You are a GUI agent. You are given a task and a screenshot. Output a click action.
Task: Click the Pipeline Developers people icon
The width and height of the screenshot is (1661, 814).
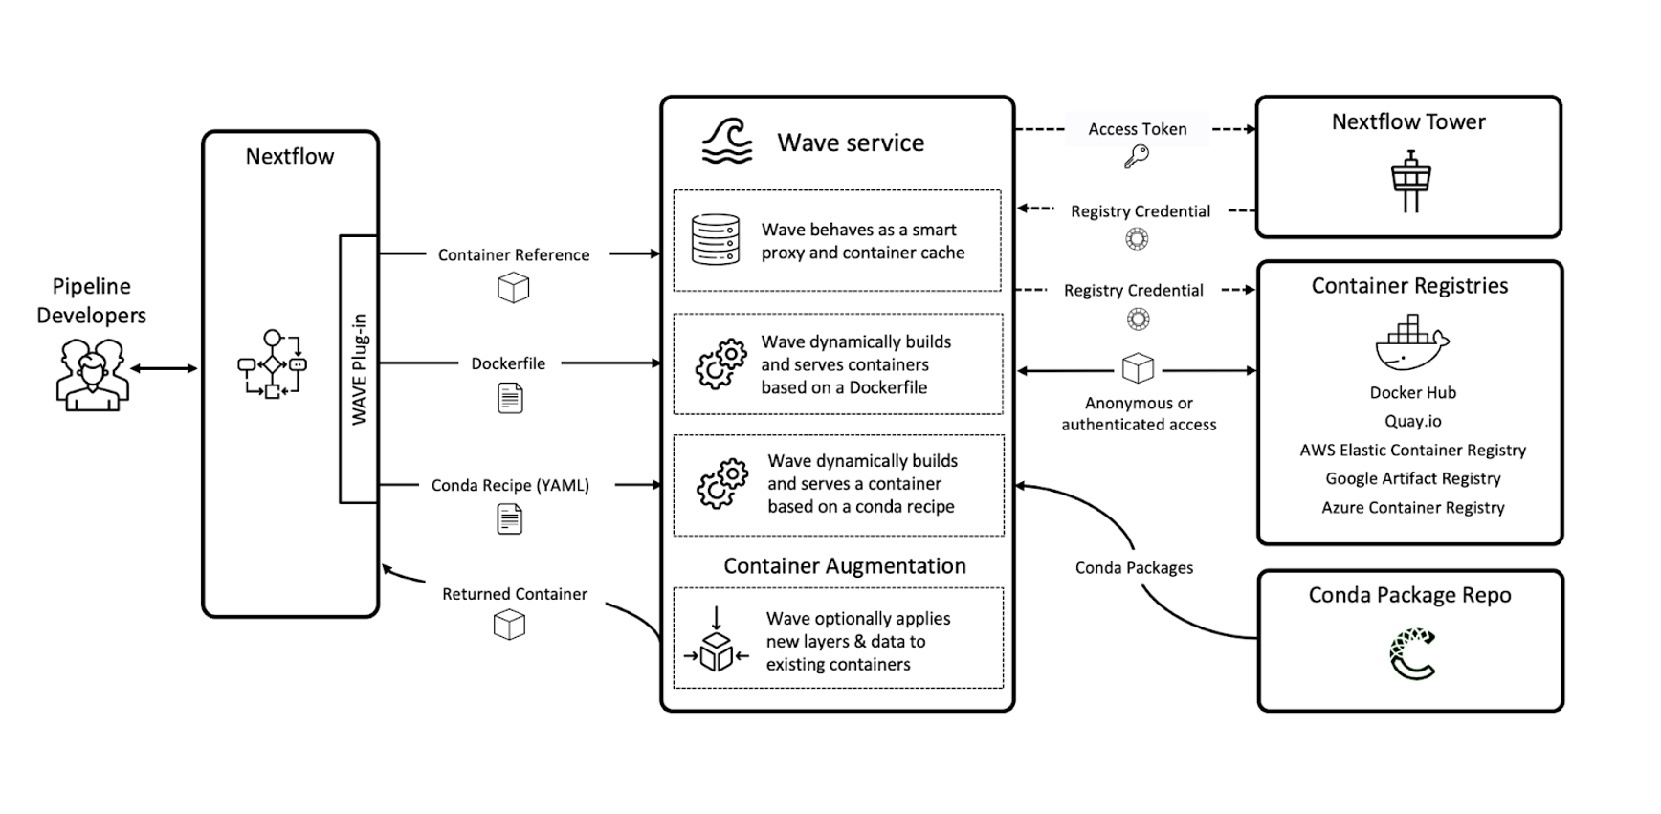click(x=92, y=374)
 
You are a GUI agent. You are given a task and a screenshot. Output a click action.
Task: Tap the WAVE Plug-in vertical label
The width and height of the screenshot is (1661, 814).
click(x=359, y=369)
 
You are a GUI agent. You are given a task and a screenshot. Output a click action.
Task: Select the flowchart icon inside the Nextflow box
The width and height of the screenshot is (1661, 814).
click(x=272, y=364)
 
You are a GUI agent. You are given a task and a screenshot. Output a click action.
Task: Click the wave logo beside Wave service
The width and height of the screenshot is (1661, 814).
click(x=727, y=142)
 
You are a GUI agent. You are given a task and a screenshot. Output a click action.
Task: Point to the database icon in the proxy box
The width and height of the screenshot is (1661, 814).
click(x=716, y=239)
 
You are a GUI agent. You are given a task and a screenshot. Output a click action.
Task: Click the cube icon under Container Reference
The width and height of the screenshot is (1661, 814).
click(x=514, y=288)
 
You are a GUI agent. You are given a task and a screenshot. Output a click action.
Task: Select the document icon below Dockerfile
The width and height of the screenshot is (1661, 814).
click(x=511, y=398)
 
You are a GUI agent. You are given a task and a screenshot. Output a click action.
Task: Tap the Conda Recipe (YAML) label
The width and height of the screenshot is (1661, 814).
click(x=510, y=485)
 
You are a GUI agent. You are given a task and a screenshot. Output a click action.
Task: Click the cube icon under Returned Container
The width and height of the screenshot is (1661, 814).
click(x=509, y=626)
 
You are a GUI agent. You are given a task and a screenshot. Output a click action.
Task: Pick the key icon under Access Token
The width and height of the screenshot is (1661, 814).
click(x=1137, y=157)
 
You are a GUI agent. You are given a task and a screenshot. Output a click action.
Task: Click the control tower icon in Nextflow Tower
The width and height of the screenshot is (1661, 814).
click(x=1410, y=181)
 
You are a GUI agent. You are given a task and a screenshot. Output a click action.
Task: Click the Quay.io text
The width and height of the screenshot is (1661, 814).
click(x=1412, y=421)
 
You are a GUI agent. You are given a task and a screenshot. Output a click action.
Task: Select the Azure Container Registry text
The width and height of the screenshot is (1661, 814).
click(x=1413, y=507)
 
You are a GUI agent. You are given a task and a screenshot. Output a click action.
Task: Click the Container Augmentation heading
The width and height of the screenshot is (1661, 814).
click(x=844, y=566)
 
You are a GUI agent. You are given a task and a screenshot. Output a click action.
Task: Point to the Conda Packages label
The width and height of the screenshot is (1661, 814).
click(x=1134, y=567)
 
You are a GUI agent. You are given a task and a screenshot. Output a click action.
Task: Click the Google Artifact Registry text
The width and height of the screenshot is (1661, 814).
click(x=1412, y=478)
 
